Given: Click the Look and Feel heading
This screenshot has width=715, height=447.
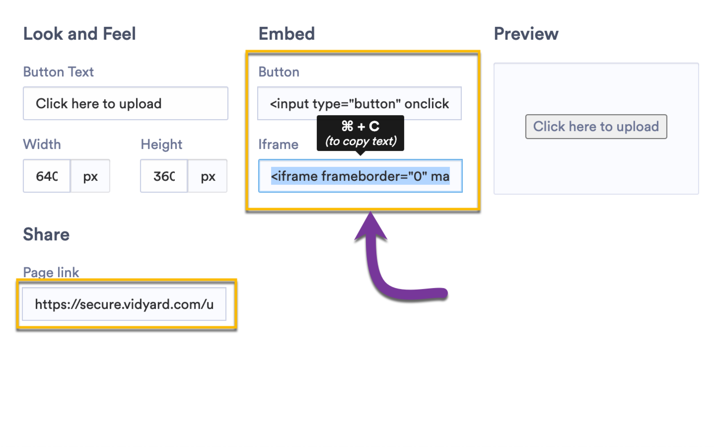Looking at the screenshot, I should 79,34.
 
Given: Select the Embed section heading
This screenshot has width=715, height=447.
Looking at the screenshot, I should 286,34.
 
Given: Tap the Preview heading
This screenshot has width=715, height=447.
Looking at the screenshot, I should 526,34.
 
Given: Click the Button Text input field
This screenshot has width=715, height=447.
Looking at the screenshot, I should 125,104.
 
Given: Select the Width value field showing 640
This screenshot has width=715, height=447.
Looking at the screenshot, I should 47,176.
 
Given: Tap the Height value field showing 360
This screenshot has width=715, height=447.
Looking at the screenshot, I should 164,176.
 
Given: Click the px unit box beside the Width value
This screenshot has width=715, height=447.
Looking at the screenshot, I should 90,176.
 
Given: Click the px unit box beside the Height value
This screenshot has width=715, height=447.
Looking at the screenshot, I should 208,176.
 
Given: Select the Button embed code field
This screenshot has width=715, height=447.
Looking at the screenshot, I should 359,104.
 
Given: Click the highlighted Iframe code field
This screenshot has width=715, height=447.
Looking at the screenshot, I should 360,176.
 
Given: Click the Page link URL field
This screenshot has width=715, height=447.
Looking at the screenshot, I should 124,304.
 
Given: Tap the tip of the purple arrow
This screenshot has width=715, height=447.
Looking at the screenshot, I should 370,214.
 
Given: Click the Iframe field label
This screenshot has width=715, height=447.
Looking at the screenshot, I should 278,144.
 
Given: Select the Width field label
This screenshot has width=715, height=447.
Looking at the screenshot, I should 42,144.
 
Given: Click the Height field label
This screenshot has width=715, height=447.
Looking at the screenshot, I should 161,144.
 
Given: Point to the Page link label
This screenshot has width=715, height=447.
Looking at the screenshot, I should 51,272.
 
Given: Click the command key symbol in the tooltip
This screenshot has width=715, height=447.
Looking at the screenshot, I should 347,126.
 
